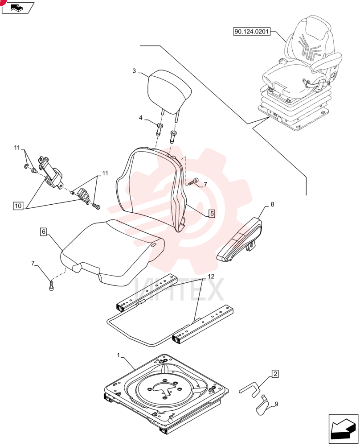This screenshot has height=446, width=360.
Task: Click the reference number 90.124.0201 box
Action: click(x=251, y=31)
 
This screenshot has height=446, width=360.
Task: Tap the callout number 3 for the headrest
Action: click(x=134, y=71)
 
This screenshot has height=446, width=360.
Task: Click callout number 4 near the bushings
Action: click(x=141, y=118)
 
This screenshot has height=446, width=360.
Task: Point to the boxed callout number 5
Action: click(x=212, y=213)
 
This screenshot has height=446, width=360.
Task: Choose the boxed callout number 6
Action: click(x=44, y=232)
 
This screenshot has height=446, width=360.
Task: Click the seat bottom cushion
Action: click(x=113, y=252)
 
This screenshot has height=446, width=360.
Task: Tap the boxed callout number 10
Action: click(x=18, y=206)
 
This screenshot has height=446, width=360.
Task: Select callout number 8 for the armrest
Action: click(x=272, y=204)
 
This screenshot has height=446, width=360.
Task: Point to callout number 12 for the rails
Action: click(x=211, y=276)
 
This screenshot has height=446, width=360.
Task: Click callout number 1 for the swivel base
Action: click(x=119, y=355)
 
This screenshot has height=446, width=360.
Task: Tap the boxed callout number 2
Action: click(x=275, y=374)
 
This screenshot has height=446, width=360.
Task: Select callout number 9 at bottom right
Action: click(x=276, y=404)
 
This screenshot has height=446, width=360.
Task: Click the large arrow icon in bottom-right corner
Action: click(x=343, y=429)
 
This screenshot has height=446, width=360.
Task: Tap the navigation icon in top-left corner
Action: click(x=18, y=8)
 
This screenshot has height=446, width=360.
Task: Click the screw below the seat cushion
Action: click(x=51, y=286)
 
